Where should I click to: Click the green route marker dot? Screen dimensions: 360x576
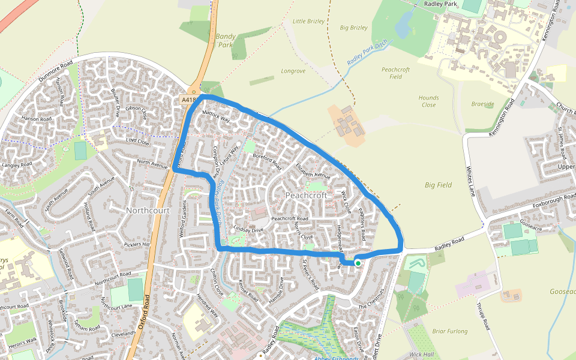358,263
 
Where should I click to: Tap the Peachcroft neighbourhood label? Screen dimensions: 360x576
307,196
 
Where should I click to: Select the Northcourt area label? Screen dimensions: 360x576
148,211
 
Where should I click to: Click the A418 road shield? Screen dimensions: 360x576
188,100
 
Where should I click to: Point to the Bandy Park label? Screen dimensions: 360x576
225,40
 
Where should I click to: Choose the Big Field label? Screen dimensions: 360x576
438,185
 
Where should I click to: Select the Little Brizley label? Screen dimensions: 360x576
308,21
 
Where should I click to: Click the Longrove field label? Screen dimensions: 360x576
293,71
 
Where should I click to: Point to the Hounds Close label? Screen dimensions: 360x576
429,101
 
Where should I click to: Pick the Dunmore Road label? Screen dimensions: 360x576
55,71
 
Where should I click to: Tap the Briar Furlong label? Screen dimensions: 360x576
450,331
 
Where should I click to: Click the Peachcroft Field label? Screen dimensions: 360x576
395,73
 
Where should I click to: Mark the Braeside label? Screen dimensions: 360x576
482,104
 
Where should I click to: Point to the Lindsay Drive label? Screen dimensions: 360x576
249,229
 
